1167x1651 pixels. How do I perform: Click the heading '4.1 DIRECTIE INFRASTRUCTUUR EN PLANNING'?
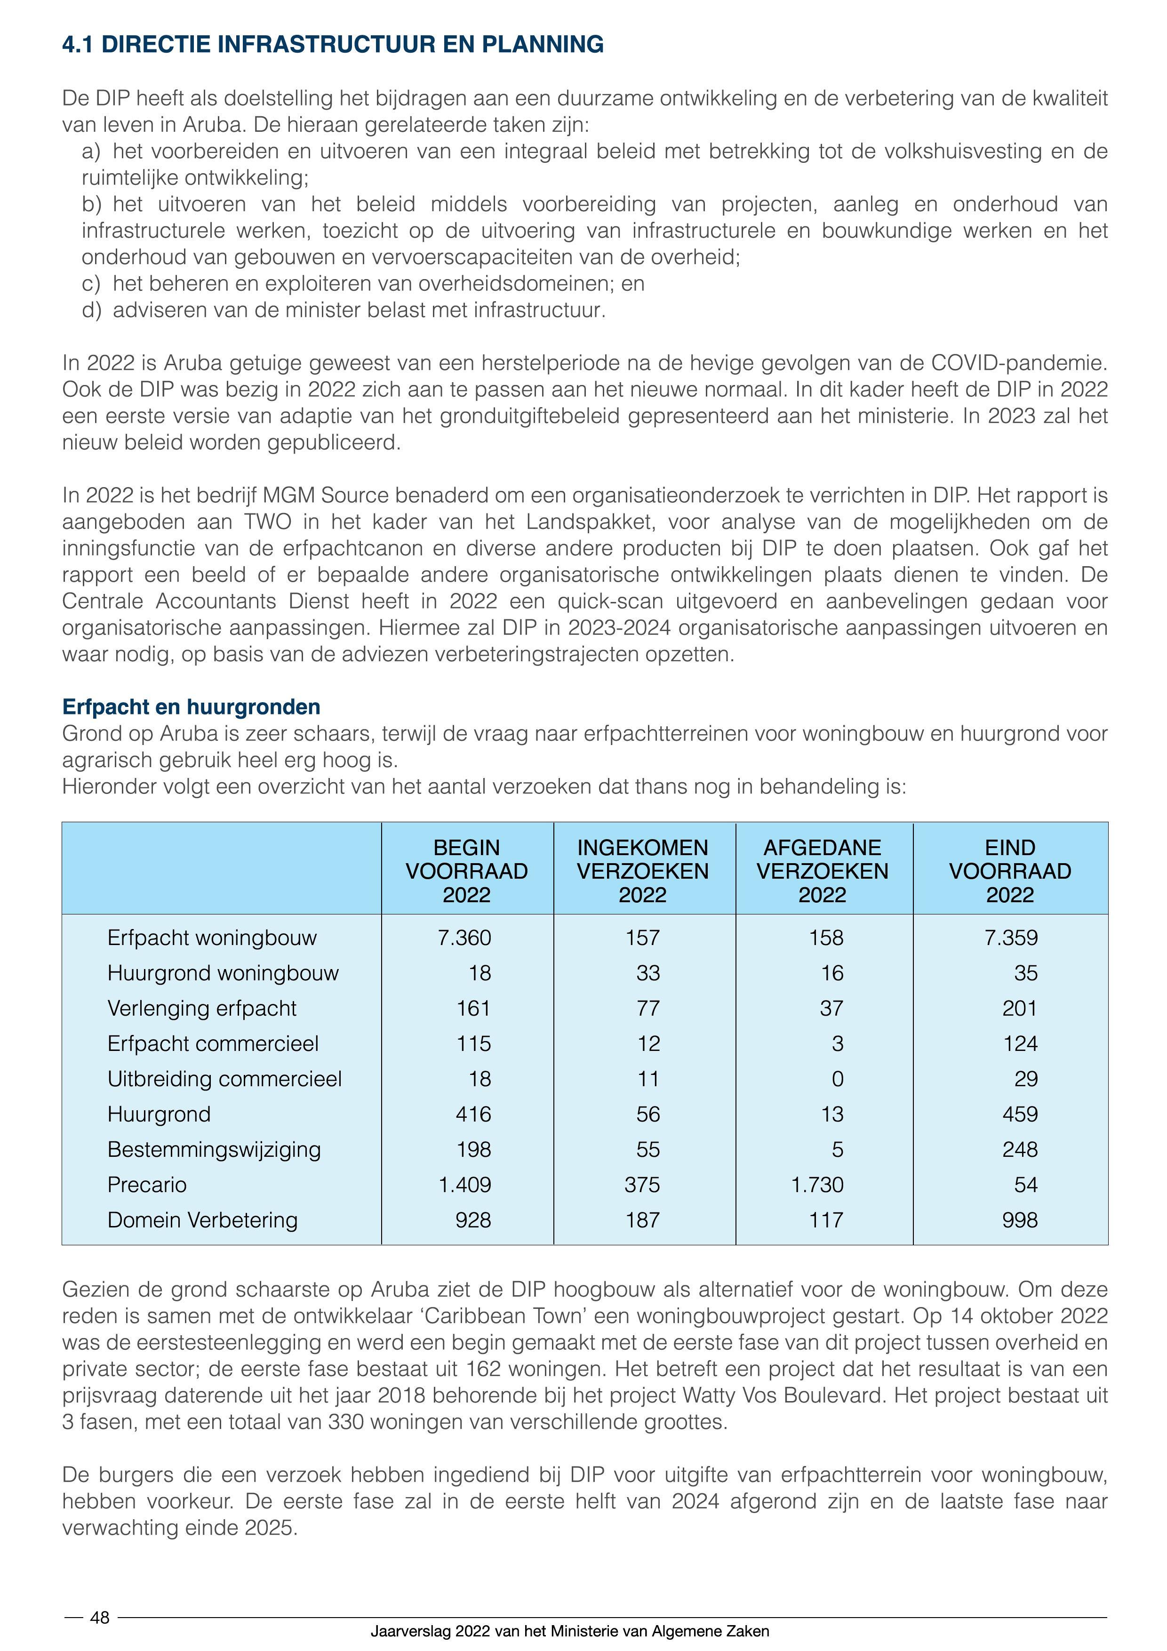pyautogui.click(x=333, y=45)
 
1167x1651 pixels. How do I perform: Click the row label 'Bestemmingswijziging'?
pyautogui.click(x=214, y=1149)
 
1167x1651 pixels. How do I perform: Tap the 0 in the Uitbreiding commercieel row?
pyautogui.click(x=837, y=1079)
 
